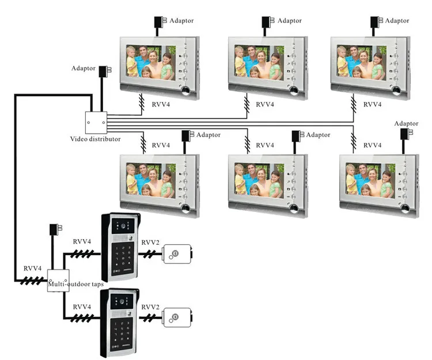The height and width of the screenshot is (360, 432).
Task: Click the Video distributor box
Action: [96, 123]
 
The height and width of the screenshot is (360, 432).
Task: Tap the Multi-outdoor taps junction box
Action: [58, 281]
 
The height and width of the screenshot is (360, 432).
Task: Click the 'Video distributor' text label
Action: [95, 139]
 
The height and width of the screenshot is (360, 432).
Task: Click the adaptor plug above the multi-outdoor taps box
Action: [56, 229]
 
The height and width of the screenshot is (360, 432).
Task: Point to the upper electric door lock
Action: [177, 254]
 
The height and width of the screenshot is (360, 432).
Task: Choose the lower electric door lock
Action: [177, 317]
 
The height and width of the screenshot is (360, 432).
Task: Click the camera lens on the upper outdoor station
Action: [123, 226]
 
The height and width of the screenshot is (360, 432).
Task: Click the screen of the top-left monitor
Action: [151, 63]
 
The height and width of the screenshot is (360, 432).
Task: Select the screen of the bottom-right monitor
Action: [370, 181]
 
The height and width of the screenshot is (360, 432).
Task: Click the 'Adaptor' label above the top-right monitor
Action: [397, 21]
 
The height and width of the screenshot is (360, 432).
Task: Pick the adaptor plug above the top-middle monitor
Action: [268, 22]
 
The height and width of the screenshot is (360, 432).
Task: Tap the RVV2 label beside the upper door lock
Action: [150, 242]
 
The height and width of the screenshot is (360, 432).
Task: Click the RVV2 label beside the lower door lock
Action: [150, 307]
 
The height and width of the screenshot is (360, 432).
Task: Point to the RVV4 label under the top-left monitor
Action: [161, 104]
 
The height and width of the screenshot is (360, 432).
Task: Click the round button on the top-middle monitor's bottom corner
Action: [294, 90]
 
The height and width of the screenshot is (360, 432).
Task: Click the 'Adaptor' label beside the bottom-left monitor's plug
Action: [209, 135]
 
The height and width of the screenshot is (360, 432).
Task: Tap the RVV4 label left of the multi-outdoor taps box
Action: [32, 268]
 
